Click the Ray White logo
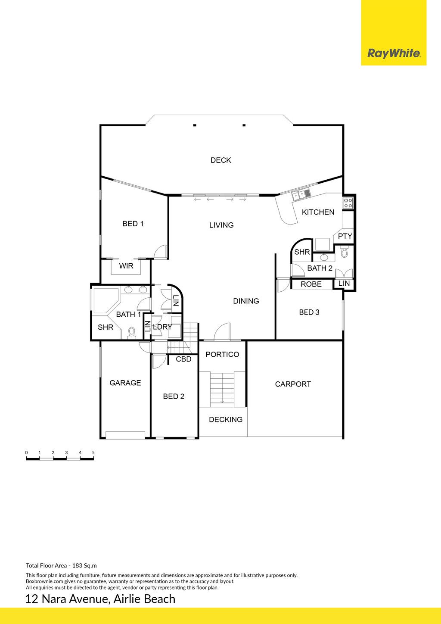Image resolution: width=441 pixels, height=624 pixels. tap(394, 53)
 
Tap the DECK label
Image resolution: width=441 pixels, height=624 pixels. tap(221, 160)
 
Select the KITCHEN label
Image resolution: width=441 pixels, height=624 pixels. tap(318, 212)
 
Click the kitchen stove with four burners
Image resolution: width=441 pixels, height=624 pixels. tap(348, 203)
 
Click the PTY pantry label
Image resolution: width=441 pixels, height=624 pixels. tap(345, 236)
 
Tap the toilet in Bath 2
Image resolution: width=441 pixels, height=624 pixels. tap(345, 252)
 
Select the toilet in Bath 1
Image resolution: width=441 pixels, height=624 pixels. tap(131, 333)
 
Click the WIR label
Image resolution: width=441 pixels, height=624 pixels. tap(126, 266)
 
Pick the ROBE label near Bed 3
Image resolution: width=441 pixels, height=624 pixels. tap(311, 284)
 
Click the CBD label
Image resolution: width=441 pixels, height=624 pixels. tap(183, 359)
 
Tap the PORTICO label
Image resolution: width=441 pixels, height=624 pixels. tap(222, 354)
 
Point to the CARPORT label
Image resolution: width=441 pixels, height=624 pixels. tap(293, 384)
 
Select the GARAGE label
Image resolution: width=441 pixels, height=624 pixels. tap(125, 383)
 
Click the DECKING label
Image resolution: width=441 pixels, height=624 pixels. tap(226, 420)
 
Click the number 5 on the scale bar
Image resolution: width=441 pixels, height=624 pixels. tap(93, 452)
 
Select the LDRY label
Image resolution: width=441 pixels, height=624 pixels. tap(163, 327)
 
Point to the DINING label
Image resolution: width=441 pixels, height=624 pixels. tap(246, 301)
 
